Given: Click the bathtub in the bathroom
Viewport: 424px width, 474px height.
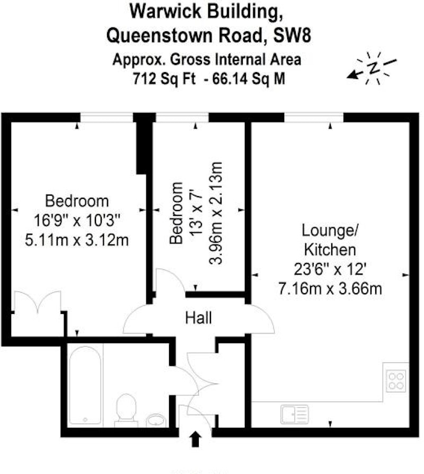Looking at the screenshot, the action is [85, 385].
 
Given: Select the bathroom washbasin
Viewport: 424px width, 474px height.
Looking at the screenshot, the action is [156, 420].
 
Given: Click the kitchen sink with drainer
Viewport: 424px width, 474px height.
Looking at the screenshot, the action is [295, 414].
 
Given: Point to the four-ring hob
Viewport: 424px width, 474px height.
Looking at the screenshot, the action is [396, 381].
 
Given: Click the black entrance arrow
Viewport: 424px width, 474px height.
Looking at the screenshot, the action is [196, 439].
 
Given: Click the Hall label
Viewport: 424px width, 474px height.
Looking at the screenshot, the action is [198, 318].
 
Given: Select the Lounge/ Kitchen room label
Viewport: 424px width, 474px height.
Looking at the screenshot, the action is [330, 240].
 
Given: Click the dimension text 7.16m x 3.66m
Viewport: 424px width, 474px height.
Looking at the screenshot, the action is [330, 289].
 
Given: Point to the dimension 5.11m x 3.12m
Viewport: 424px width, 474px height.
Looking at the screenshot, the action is [77, 240].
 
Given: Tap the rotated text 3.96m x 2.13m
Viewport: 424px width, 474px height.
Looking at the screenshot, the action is [216, 213].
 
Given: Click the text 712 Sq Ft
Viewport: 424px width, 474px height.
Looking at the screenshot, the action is [164, 79].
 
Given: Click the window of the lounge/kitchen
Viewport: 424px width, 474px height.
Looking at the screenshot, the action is [314, 118].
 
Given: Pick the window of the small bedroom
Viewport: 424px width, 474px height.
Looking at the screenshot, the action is [182, 118].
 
